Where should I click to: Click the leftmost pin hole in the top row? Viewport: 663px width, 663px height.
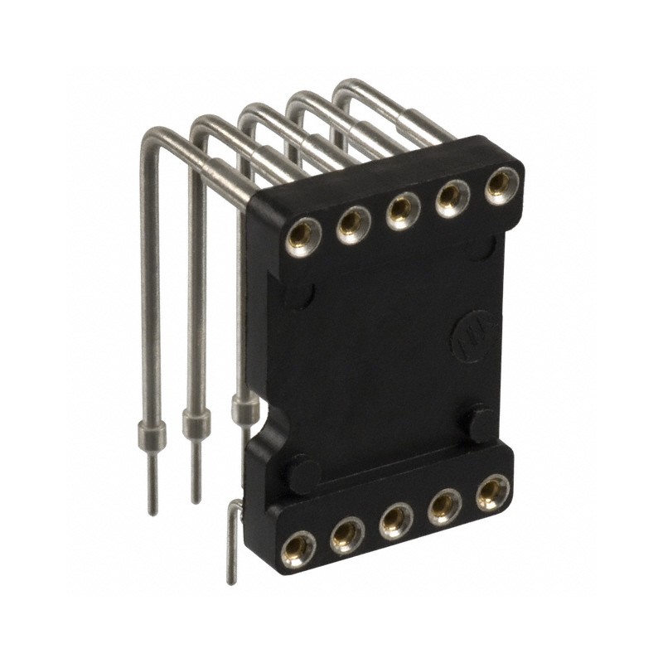pos(299,238)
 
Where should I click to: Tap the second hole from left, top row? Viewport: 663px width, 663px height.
pos(353,222)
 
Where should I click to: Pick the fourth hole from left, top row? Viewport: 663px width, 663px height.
pos(452,196)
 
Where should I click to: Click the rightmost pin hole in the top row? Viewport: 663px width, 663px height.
pos(500,184)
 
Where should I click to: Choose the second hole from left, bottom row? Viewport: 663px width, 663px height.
pos(347,535)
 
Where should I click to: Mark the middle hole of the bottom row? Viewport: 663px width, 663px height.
pos(396,520)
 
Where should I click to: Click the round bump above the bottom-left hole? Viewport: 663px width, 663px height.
pos(303,476)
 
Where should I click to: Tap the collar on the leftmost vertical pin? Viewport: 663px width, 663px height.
pos(150,433)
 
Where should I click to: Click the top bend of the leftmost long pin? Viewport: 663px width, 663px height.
pos(153,137)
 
